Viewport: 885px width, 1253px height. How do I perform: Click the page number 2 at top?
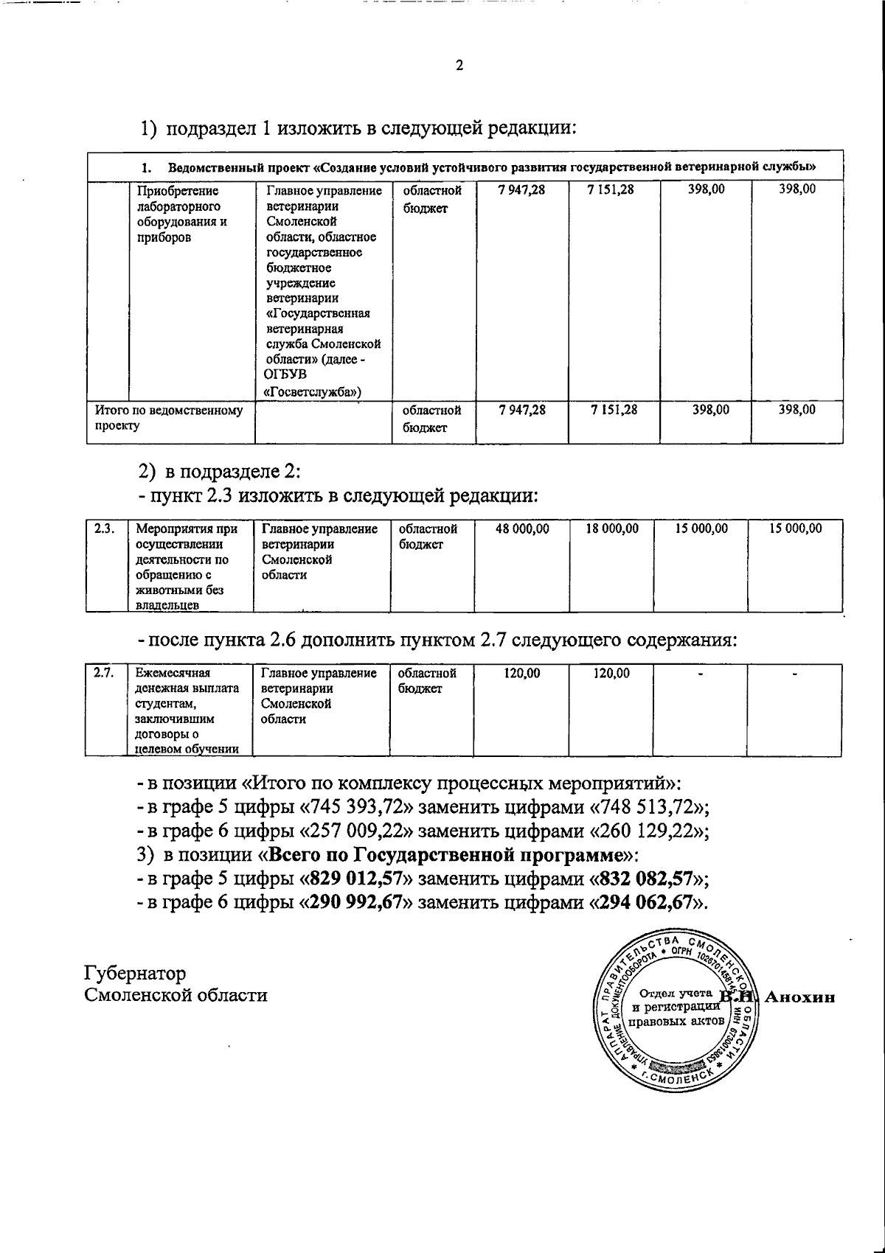(x=459, y=66)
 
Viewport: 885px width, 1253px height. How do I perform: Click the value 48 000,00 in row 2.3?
(x=522, y=528)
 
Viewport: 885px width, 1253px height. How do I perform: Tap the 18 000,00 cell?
(x=612, y=528)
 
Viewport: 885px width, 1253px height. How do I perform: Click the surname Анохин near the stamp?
(x=800, y=997)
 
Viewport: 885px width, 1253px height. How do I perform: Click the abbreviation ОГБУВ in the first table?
(x=284, y=376)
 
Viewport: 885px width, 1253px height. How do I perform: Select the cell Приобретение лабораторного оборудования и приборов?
(x=181, y=214)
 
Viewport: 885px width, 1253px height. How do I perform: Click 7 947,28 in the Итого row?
(x=522, y=410)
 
